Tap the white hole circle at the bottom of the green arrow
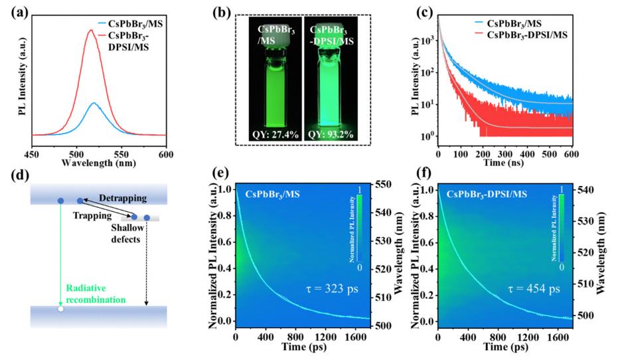[60, 309]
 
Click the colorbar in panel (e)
[359, 226]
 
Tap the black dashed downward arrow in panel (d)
[147, 266]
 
